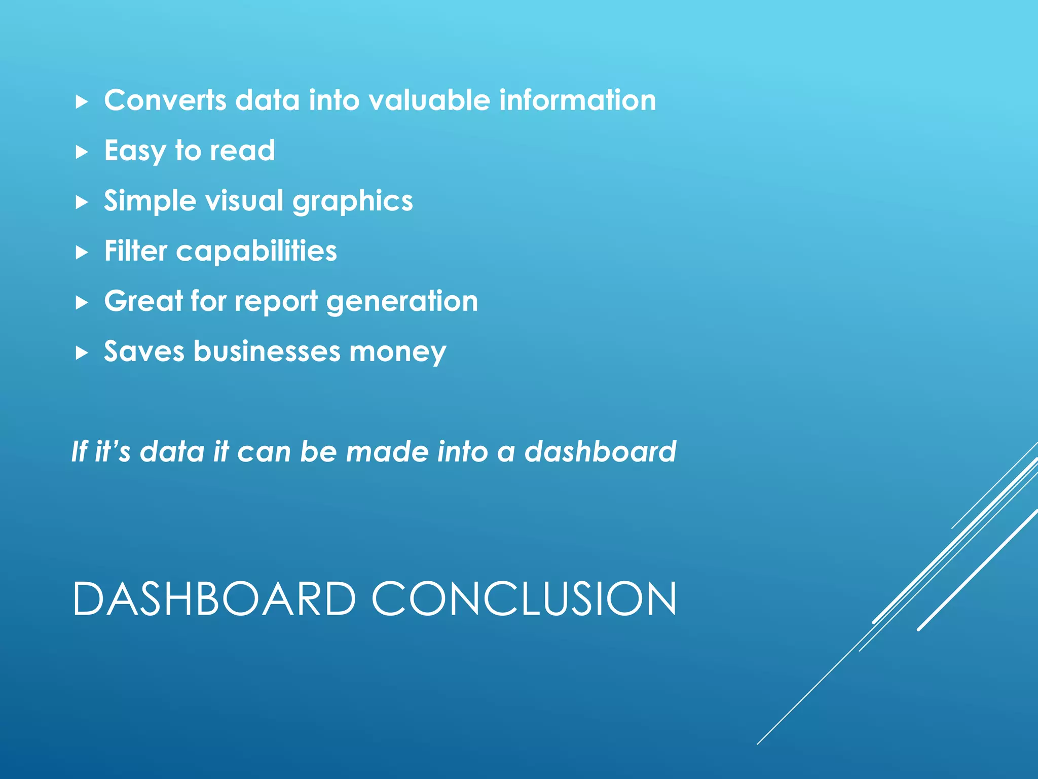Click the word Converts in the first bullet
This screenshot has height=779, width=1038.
click(165, 100)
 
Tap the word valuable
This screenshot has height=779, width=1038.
click(429, 100)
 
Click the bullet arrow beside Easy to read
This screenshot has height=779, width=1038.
click(82, 152)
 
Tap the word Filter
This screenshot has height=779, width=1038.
click(135, 251)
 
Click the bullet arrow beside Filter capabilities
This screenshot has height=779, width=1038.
click(82, 252)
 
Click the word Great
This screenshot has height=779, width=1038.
click(143, 301)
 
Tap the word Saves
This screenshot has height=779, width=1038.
click(144, 351)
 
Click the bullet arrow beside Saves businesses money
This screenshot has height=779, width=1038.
click(82, 352)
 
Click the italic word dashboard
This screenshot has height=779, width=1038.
click(600, 451)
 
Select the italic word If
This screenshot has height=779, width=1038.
click(79, 451)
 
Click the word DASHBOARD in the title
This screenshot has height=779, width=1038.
click(214, 599)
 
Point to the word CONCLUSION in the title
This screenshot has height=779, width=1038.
click(524, 599)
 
